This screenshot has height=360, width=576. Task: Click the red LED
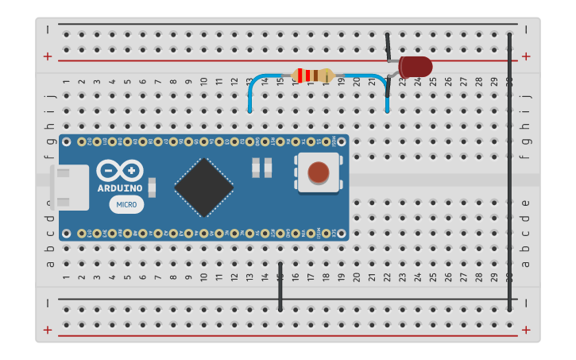tap(415, 67)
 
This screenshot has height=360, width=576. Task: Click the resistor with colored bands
tap(312, 75)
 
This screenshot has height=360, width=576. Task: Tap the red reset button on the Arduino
tap(318, 172)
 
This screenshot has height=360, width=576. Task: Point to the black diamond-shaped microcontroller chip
tap(203, 187)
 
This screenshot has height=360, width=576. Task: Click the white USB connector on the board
tap(70, 188)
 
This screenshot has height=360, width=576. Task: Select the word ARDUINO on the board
tap(120, 188)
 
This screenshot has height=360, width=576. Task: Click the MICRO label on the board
tap(126, 204)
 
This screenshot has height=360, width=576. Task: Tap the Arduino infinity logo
tap(120, 170)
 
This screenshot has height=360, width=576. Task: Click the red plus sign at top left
tap(48, 56)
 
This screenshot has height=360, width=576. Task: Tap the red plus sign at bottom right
tap(525, 330)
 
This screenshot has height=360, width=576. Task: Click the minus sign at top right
tap(525, 29)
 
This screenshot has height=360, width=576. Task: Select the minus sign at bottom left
tap(48, 303)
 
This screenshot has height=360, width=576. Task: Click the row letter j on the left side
tap(49, 95)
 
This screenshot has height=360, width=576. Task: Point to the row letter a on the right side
tap(525, 263)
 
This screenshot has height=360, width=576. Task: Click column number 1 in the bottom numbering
tap(66, 277)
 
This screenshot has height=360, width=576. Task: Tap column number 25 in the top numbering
tap(433, 81)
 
